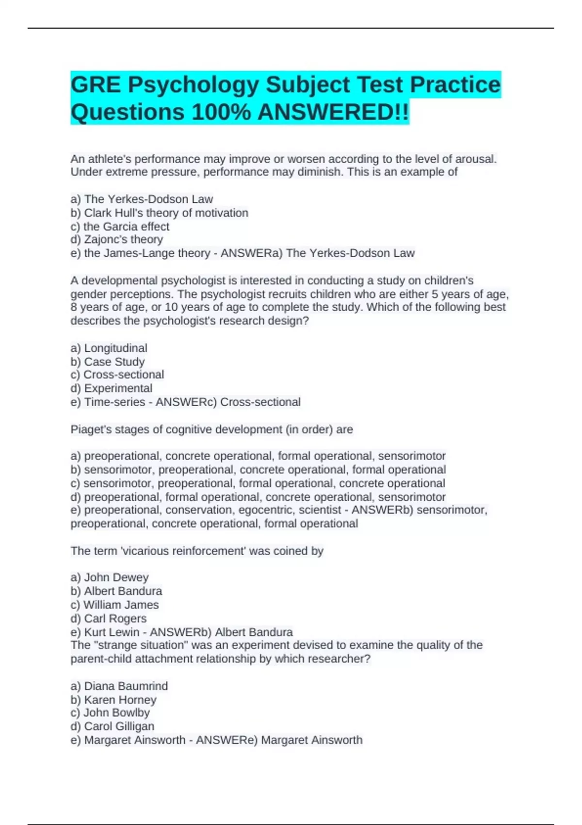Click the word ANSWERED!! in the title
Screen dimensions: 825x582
(333, 112)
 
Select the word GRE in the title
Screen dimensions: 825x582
(96, 85)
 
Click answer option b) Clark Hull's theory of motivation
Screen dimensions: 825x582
(159, 213)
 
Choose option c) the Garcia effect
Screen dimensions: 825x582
(120, 227)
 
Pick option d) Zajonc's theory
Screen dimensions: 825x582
(116, 240)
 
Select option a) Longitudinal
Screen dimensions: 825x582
(109, 348)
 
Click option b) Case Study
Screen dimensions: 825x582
(107, 362)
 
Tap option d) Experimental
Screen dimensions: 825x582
(111, 388)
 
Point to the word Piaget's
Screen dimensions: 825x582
(90, 429)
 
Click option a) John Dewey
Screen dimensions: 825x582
(109, 577)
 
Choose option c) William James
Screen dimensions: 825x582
(114, 605)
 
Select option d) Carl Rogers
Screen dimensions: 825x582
(108, 618)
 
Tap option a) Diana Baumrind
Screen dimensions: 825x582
(119, 686)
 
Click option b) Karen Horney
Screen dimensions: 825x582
(113, 700)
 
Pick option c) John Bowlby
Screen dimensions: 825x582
(110, 713)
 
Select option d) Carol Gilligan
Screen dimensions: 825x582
(112, 726)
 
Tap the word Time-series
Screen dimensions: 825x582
(114, 402)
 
